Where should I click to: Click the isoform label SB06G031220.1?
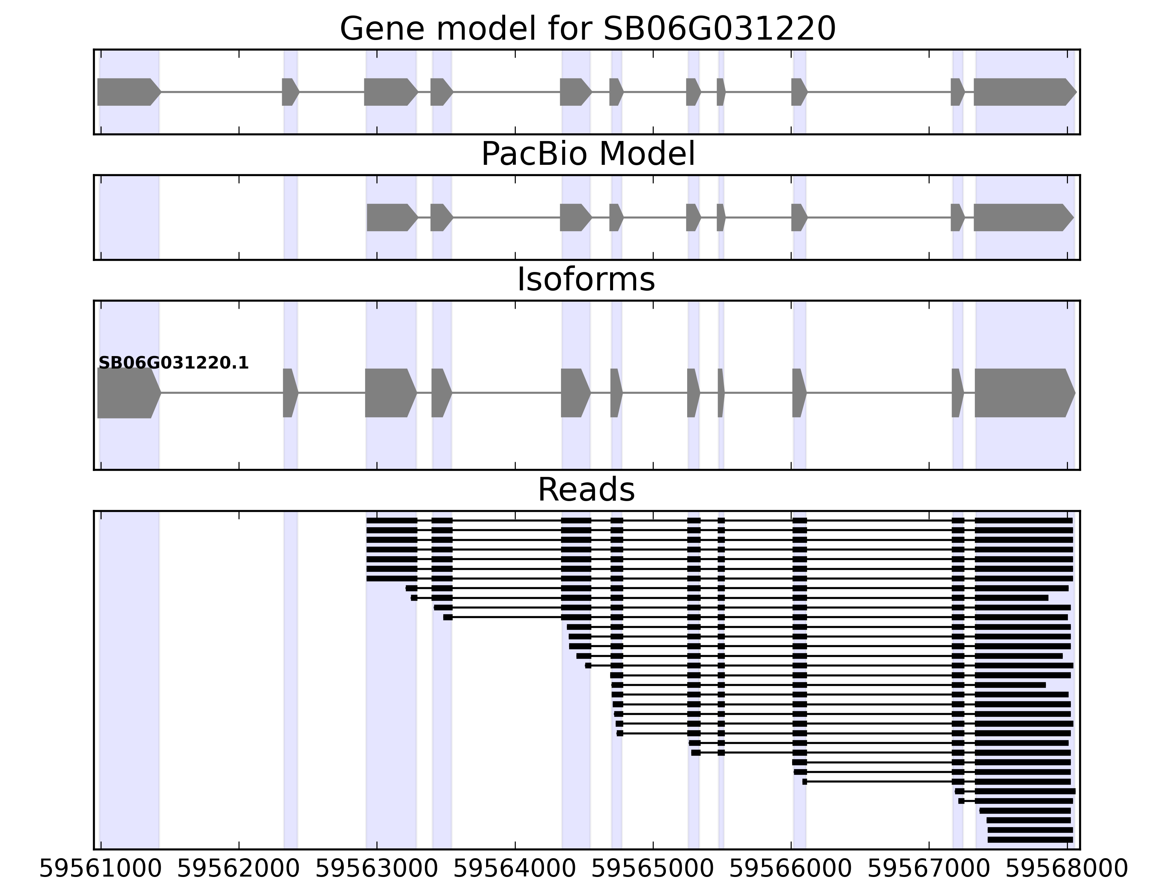pyautogui.click(x=174, y=363)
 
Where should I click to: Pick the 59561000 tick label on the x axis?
pyautogui.click(x=100, y=869)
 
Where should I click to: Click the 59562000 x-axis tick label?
pyautogui.click(x=238, y=869)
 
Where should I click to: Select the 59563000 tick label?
pyautogui.click(x=377, y=869)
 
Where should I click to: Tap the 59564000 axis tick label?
pyautogui.click(x=515, y=869)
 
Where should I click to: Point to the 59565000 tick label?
pyautogui.click(x=653, y=869)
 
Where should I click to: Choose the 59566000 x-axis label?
pyautogui.click(x=791, y=869)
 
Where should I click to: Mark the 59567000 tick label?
pyautogui.click(x=929, y=869)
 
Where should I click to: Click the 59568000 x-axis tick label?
pyautogui.click(x=1067, y=869)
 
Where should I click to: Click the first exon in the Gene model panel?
pyautogui.click(x=127, y=92)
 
